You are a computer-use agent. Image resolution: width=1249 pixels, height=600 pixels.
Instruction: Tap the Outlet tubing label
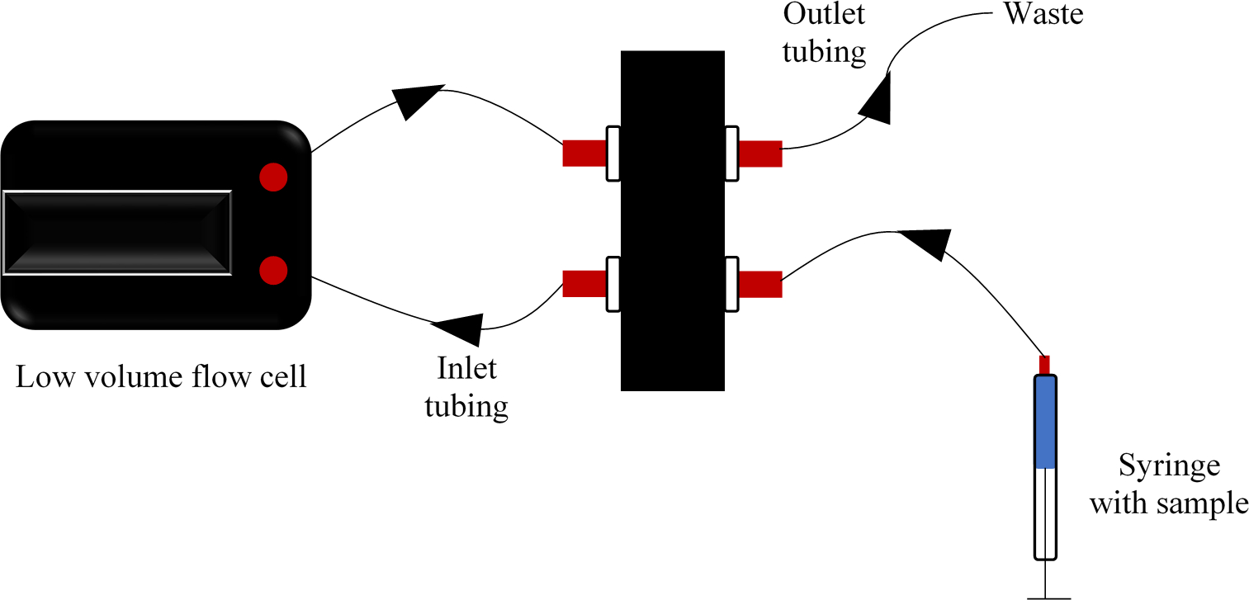(825, 34)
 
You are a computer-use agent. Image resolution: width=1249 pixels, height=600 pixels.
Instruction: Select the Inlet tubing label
(466, 387)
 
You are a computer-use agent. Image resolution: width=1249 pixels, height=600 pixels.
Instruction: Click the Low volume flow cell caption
(161, 378)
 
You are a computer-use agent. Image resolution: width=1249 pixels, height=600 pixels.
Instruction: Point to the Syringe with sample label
(1168, 484)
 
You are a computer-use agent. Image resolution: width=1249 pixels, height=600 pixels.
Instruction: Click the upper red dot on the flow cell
(273, 177)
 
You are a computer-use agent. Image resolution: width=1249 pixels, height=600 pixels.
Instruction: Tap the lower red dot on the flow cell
(273, 270)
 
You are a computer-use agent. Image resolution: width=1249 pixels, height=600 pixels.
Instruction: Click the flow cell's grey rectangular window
(117, 233)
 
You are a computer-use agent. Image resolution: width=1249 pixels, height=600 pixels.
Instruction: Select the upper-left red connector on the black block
(584, 154)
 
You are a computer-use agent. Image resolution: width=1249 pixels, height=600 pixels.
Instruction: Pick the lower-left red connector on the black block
(584, 284)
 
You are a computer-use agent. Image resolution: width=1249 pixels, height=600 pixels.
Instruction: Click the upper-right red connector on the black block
(759, 154)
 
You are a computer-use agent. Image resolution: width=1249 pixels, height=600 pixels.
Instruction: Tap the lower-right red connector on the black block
(759, 284)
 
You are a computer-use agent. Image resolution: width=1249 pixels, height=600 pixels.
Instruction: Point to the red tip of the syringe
(1045, 365)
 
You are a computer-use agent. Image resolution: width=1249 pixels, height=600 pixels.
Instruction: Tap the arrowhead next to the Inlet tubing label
(459, 328)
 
